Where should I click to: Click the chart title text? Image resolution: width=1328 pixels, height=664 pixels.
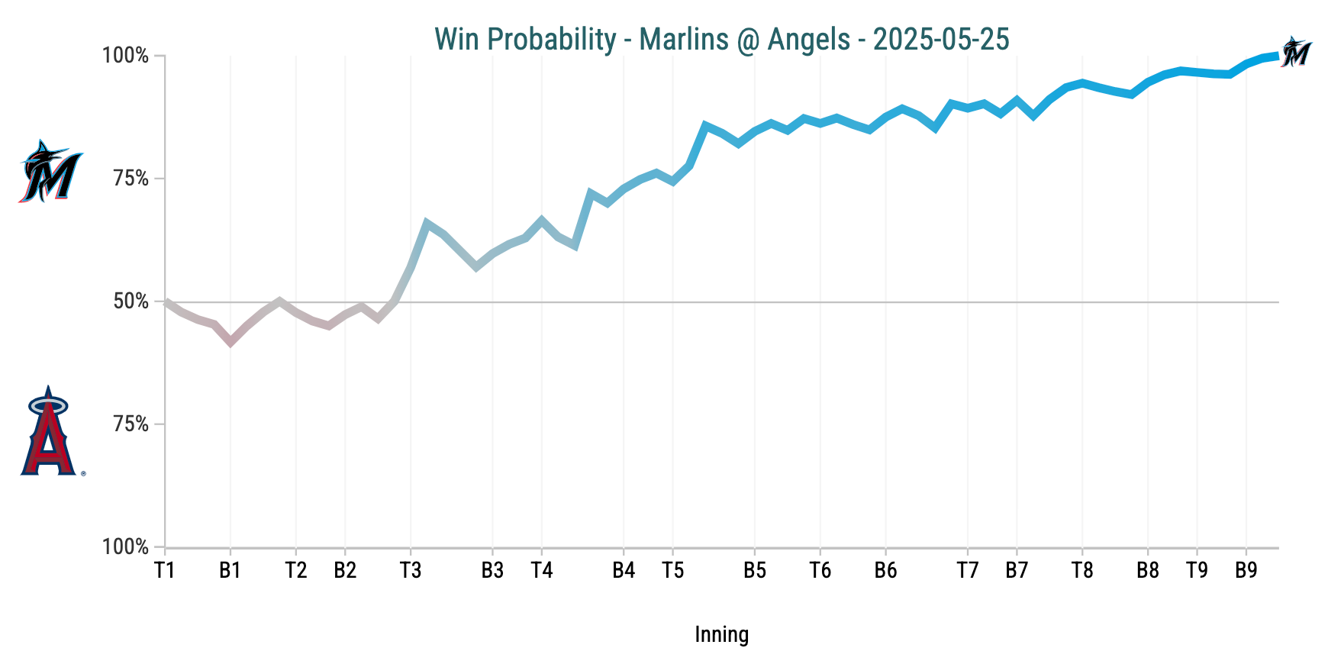[721, 39]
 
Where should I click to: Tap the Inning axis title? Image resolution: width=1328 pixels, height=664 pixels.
[721, 634]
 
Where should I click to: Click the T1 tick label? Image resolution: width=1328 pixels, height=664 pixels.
[165, 570]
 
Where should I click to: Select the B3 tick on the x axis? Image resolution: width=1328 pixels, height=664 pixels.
[492, 570]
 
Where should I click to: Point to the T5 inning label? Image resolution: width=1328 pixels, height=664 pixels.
[672, 570]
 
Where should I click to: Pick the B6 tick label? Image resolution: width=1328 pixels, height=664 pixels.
[885, 570]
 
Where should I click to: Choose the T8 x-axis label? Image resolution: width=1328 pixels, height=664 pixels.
[1082, 570]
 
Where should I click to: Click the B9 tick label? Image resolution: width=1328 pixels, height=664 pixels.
[1246, 570]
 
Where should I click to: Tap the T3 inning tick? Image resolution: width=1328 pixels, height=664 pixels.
[411, 570]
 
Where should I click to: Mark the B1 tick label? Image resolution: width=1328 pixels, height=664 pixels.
[230, 570]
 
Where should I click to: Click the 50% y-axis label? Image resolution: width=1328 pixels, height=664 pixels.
[131, 301]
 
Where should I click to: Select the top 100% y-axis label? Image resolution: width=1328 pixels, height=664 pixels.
[126, 56]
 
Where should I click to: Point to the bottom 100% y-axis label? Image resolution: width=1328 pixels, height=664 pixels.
[126, 547]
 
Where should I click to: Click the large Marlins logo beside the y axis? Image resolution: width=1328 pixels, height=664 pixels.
[50, 172]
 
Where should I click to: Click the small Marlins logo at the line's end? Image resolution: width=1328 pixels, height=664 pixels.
[1295, 52]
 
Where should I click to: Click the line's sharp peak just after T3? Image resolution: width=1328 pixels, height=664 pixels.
[427, 223]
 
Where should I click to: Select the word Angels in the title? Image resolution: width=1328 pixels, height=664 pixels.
[808, 39]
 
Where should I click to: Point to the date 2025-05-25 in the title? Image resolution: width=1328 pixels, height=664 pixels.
[941, 39]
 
